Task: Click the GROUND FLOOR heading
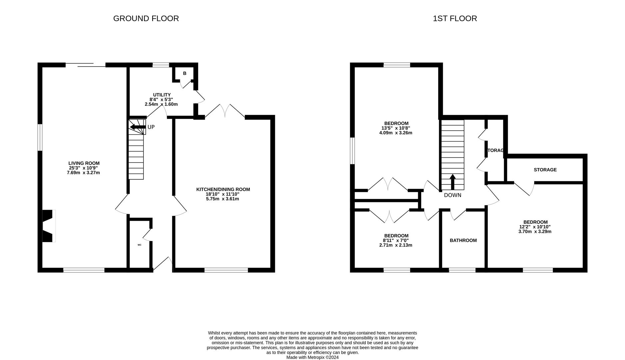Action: (146, 18)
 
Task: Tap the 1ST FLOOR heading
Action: (455, 18)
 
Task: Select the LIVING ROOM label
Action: (84, 163)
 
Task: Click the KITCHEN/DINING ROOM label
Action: (223, 189)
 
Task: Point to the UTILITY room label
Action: (162, 95)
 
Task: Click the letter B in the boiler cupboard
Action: (185, 73)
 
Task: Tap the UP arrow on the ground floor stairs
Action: (138, 127)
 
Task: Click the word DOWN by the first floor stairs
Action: (452, 195)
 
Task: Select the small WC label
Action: (140, 245)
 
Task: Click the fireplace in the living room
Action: (48, 226)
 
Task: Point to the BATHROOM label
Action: (463, 240)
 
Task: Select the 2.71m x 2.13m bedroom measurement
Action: (396, 245)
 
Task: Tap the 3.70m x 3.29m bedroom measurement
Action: (535, 231)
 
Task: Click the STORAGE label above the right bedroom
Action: (545, 170)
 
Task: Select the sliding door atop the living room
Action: (86, 65)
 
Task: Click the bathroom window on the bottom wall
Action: (462, 270)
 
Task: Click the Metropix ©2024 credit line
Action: (312, 357)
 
